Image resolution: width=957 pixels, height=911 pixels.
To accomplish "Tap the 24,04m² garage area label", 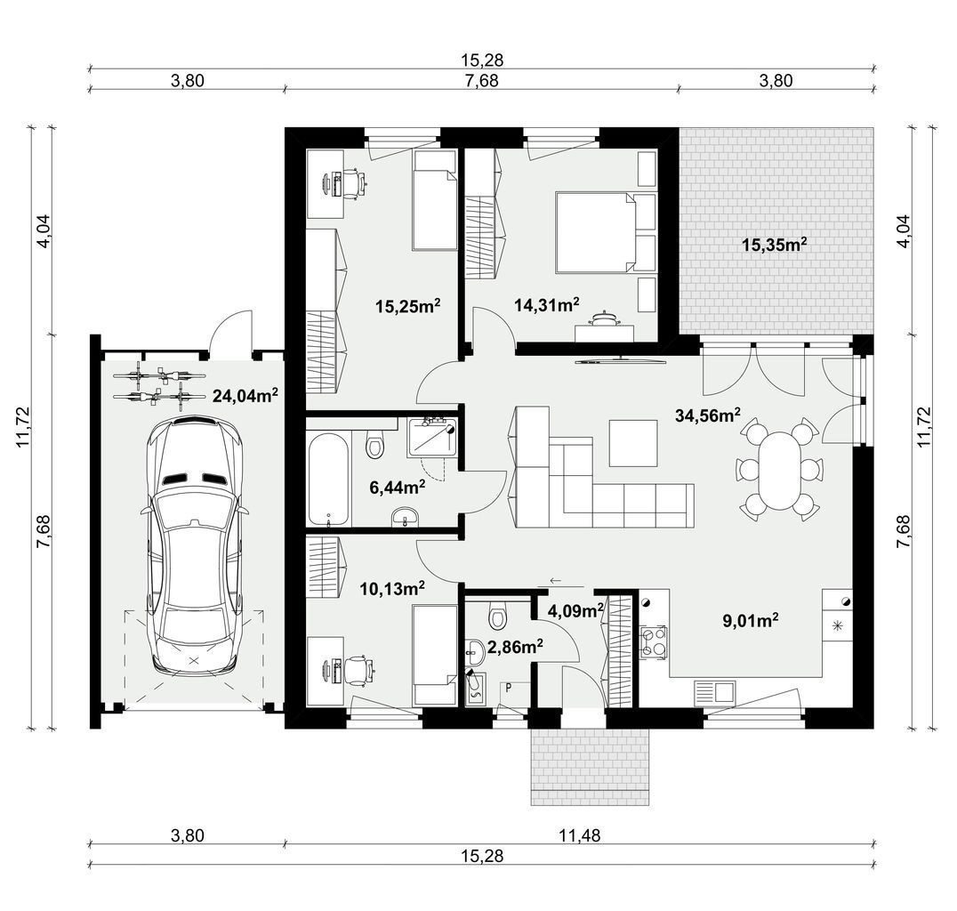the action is (x=245, y=396).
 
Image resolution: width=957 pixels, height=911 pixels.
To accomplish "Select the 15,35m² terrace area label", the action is (x=775, y=245).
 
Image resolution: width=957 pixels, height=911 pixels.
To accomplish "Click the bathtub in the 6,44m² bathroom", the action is (x=329, y=479).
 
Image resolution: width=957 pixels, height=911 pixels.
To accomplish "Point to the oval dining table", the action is (x=777, y=470).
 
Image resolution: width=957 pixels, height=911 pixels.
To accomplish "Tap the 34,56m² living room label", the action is (x=708, y=415).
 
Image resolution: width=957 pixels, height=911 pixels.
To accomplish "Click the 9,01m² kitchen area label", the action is (x=750, y=621).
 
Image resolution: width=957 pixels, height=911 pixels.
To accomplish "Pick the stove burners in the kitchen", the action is (x=653, y=643).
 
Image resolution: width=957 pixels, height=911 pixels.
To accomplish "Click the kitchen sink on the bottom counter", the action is (x=715, y=693).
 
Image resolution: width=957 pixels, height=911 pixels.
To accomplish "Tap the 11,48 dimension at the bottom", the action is (x=580, y=835).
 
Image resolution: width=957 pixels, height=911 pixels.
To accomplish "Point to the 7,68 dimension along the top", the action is (x=481, y=81).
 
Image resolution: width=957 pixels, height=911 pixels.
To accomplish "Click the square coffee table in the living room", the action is (x=633, y=443).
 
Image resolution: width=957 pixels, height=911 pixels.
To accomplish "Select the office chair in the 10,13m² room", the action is (x=358, y=671).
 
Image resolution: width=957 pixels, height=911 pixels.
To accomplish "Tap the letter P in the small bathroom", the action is (x=508, y=688).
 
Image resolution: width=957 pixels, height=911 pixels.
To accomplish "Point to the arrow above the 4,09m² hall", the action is (x=555, y=580).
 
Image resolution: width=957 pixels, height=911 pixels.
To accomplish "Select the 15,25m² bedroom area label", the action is (x=407, y=306).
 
